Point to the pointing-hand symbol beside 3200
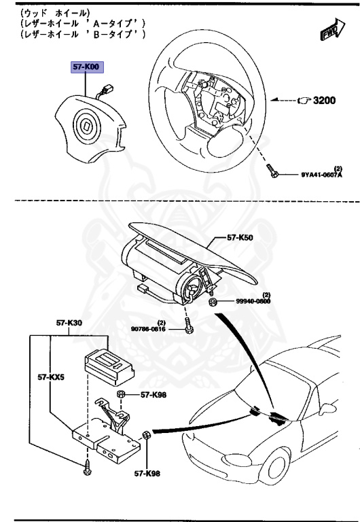[x=304, y=100]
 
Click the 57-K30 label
[x=69, y=324]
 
